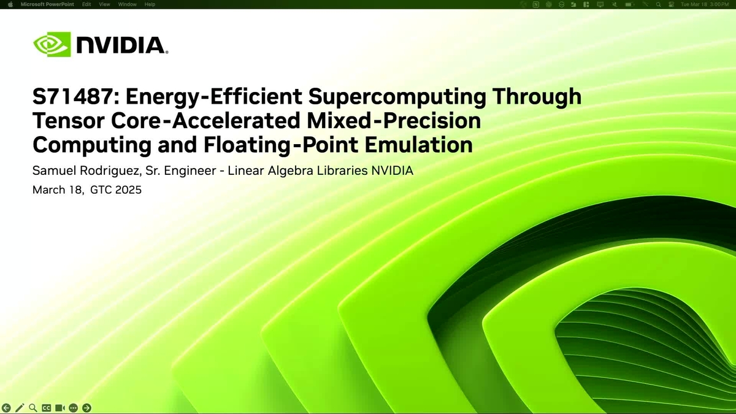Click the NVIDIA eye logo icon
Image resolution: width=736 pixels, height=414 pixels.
52,45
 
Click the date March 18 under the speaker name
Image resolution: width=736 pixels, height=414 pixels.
58,190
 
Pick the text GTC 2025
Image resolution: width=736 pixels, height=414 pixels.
116,190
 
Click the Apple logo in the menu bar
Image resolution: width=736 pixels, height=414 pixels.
10,4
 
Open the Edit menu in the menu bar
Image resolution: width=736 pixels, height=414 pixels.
86,4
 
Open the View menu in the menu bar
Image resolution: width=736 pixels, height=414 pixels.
104,4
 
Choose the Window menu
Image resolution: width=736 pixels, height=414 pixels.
127,4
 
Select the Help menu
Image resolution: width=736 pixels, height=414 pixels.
150,4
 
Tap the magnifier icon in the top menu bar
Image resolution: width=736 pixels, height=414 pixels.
658,4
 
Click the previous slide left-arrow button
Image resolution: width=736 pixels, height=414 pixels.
7,407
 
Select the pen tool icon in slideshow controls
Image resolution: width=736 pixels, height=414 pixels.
20,407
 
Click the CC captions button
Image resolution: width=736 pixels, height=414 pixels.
47,407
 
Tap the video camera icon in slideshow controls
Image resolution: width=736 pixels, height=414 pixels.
59,407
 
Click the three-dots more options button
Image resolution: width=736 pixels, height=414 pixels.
73,407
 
